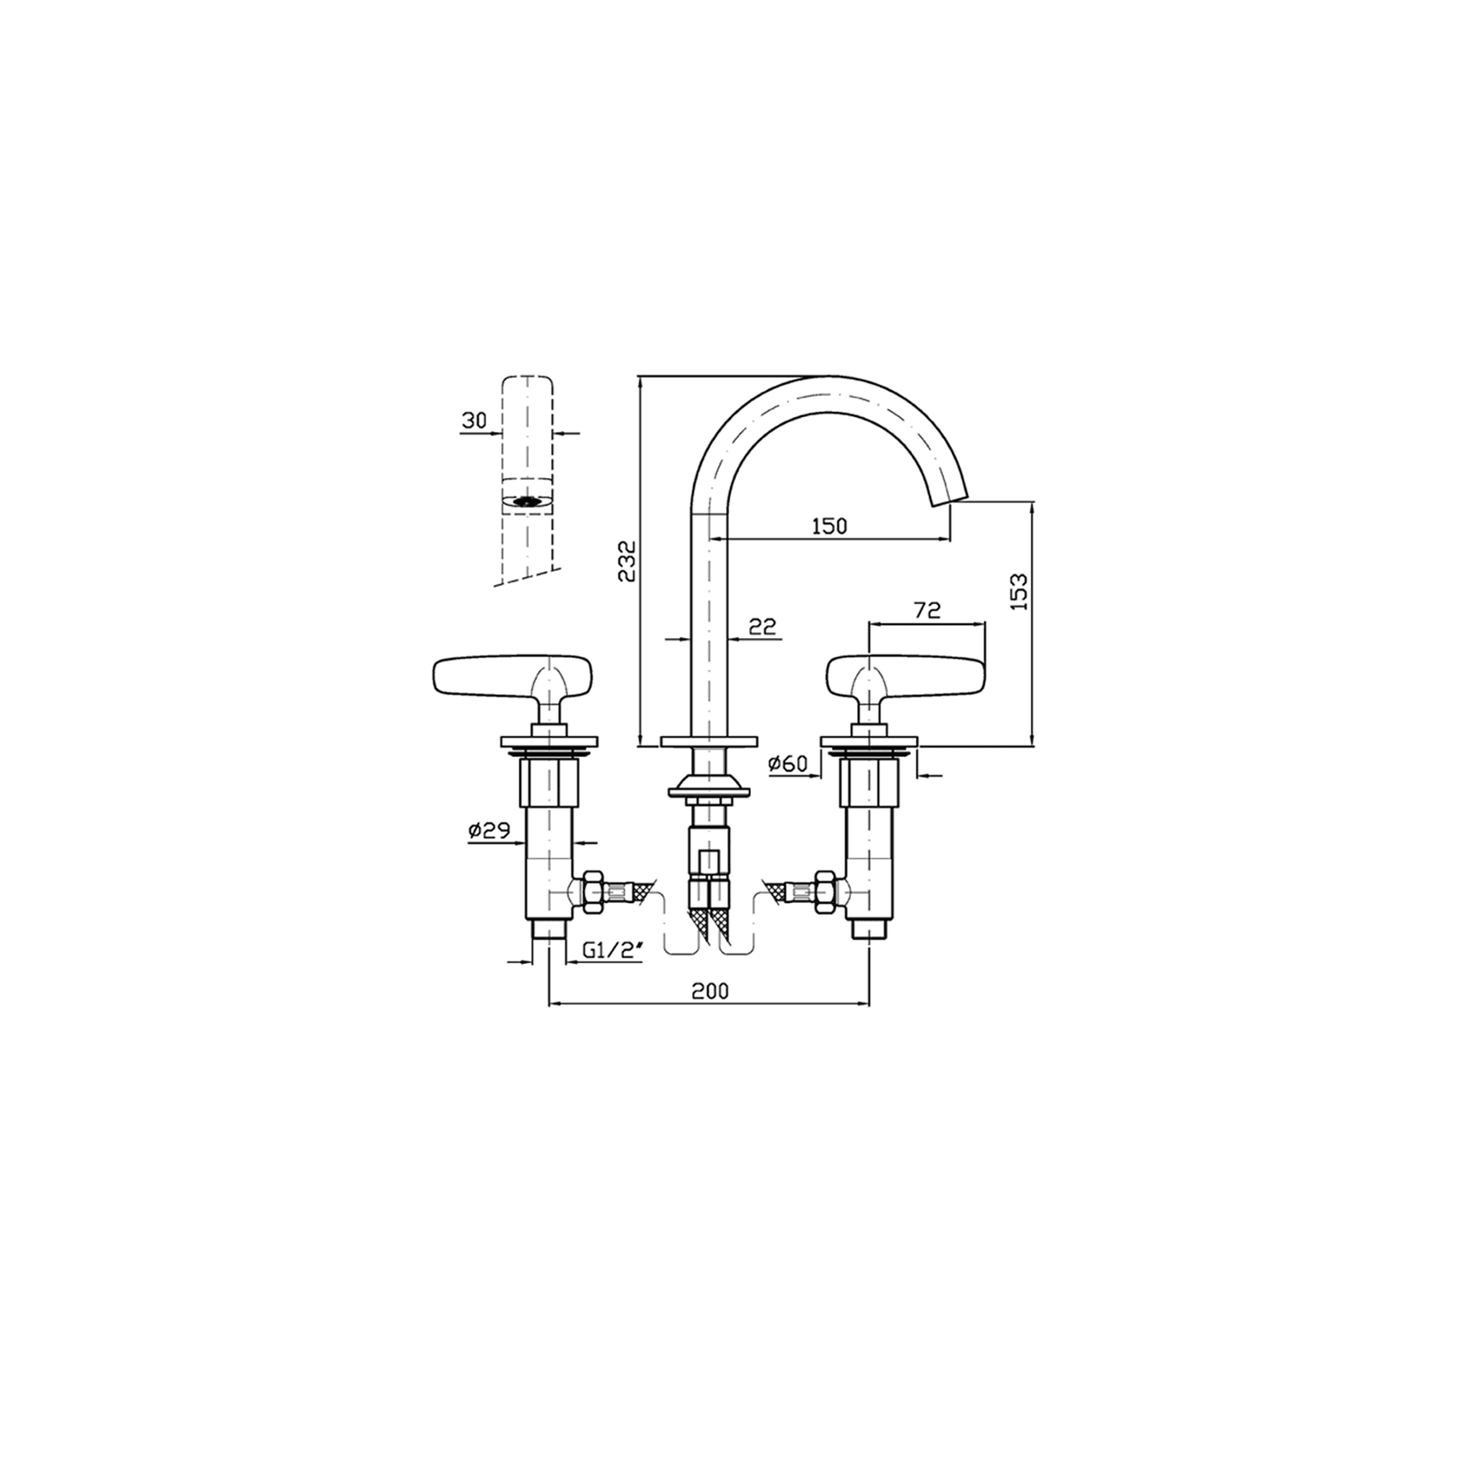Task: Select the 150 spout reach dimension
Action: pyautogui.click(x=830, y=525)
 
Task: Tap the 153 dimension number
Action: pyautogui.click(x=1018, y=592)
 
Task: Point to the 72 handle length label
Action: pyautogui.click(x=927, y=611)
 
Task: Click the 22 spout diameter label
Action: pyautogui.click(x=763, y=626)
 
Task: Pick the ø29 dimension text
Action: pyautogui.click(x=489, y=831)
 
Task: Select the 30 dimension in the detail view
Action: pyautogui.click(x=475, y=420)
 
